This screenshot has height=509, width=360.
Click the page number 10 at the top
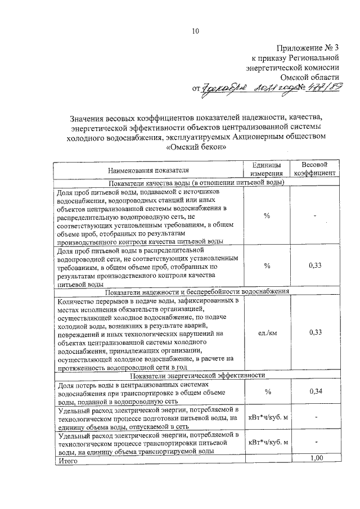click(x=195, y=31)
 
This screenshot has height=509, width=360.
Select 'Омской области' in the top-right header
click(x=310, y=76)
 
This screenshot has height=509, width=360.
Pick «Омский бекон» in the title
click(x=197, y=147)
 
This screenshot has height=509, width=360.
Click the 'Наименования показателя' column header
click(x=149, y=169)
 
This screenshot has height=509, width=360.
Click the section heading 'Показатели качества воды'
click(x=197, y=182)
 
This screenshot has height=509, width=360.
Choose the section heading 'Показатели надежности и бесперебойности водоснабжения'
click(x=197, y=292)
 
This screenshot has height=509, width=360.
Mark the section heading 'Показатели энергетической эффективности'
click(x=197, y=375)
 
